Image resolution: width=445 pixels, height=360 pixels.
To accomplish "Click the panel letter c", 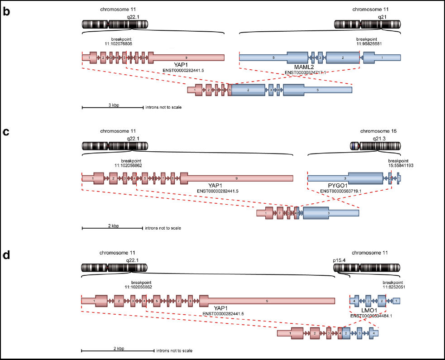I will tap(6, 132).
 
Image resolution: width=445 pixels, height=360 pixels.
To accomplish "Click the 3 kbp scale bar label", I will tap(113, 105).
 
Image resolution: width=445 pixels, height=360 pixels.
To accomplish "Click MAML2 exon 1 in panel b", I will tap(381, 58).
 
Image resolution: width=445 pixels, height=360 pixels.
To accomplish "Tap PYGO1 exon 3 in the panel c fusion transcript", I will tap(328, 212).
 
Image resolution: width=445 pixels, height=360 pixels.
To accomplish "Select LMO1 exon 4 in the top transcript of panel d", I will tap(354, 301).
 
